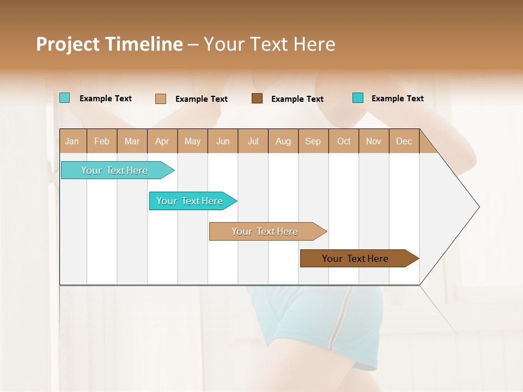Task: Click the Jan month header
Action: [x=72, y=141]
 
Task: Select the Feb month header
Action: [x=102, y=141]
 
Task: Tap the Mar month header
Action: [x=132, y=141]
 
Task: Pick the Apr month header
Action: [x=162, y=141]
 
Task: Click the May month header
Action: [x=192, y=141]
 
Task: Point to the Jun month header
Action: [x=223, y=141]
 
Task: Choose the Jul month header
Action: [x=253, y=141]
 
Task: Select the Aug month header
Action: [x=283, y=141]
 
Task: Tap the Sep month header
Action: [x=313, y=141]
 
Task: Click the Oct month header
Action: [x=344, y=141]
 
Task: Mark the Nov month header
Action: [x=374, y=141]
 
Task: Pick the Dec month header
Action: [x=404, y=141]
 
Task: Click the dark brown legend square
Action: [x=257, y=99]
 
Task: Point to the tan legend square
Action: [x=161, y=99]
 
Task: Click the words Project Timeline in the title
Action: [x=110, y=44]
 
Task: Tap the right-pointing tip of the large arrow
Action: [x=477, y=207]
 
